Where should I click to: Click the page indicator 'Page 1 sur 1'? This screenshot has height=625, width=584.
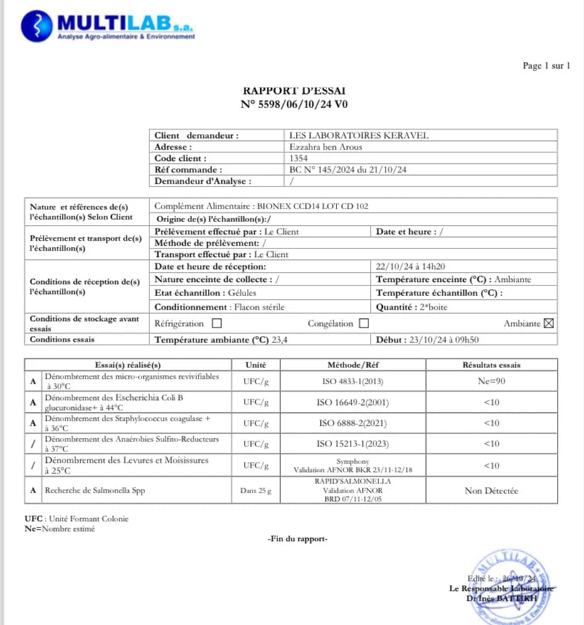click(x=546, y=66)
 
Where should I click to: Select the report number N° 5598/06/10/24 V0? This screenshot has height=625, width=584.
click(x=294, y=105)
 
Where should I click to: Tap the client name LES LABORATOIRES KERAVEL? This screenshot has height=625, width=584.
click(x=359, y=135)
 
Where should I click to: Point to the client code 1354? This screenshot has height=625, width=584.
click(x=299, y=158)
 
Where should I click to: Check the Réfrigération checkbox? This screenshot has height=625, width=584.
click(x=217, y=324)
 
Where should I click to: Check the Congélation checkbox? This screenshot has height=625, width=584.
click(x=363, y=324)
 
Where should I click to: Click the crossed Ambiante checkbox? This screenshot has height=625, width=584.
click(x=548, y=324)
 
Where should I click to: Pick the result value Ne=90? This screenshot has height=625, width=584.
click(x=491, y=381)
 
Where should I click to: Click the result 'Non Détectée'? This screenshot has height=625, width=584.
click(x=491, y=491)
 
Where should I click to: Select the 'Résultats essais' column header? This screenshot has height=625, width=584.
click(x=491, y=364)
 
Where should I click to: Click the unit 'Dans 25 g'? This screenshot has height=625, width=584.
click(x=255, y=491)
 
